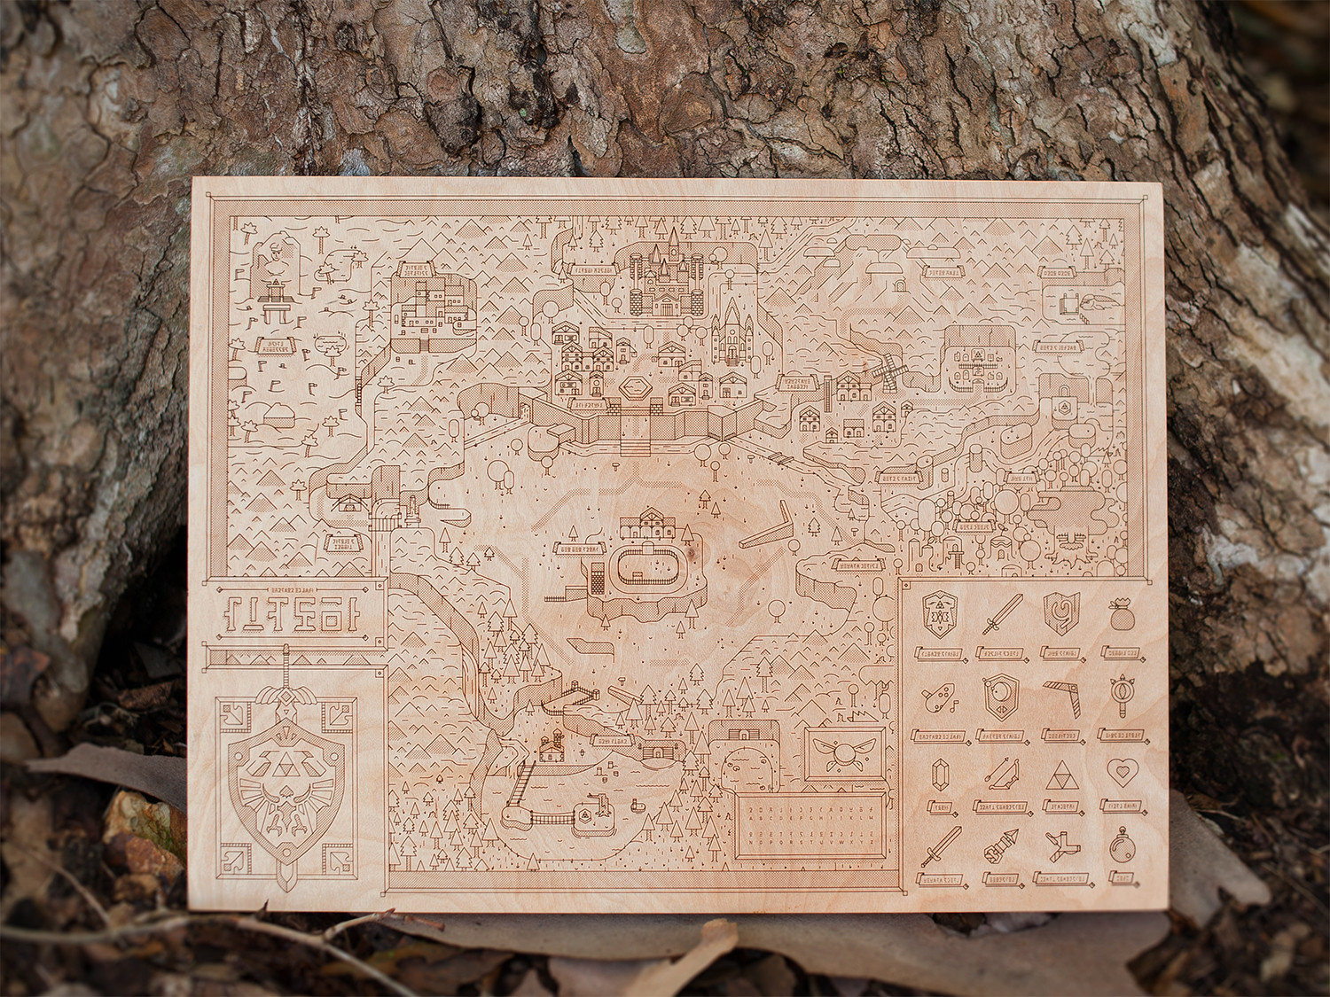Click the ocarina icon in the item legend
[934, 701]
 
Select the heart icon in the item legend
[1121, 772]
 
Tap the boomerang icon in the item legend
[1060, 694]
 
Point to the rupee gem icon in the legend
[935, 775]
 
